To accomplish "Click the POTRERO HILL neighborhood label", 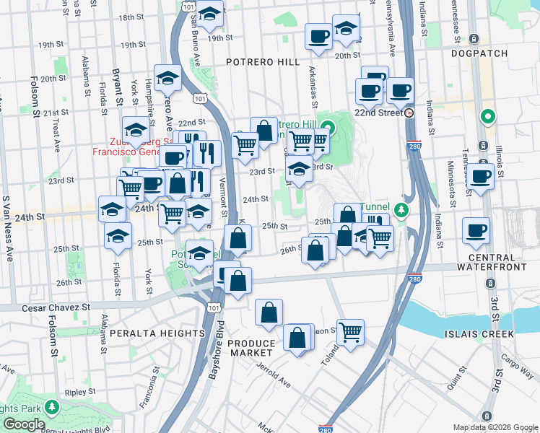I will coord(258,63).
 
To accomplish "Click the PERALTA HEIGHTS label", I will coord(157,333).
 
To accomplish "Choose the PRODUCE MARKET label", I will coord(252,348).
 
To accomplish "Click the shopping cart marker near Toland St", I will coord(350,332).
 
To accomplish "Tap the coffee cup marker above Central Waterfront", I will coord(476,230).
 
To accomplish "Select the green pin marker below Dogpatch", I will coord(489,116).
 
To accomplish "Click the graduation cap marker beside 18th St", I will coord(210,14).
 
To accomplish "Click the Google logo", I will coord(25,424).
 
